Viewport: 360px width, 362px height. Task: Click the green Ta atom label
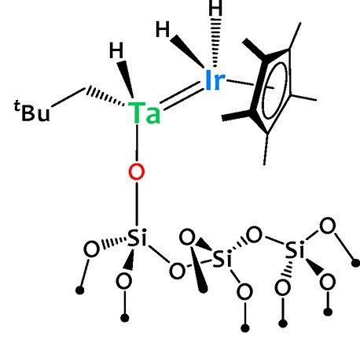tap(144, 113)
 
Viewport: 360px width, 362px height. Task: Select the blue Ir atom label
tap(215, 80)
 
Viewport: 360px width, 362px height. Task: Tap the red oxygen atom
tap(137, 172)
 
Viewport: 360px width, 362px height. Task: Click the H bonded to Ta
tap(116, 50)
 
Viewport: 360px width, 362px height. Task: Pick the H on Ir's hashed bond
tap(215, 8)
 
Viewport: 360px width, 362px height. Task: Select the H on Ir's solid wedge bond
tap(163, 29)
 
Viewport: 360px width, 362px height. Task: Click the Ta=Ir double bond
tap(182, 96)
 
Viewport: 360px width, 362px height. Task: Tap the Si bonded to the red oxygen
tap(137, 238)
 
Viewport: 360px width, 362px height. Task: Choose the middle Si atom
tap(222, 258)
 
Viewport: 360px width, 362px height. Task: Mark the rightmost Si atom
tap(295, 250)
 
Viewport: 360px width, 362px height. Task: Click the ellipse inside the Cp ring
tap(274, 90)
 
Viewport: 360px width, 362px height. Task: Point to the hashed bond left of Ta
tap(105, 96)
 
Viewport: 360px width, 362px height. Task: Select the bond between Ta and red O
tap(137, 143)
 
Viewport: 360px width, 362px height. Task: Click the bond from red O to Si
tap(137, 204)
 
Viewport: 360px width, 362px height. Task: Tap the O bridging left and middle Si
tap(177, 271)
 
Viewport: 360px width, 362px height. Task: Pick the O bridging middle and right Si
tap(254, 235)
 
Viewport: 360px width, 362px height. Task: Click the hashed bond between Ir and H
tap(215, 42)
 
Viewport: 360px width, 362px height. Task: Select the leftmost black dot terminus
tap(80, 290)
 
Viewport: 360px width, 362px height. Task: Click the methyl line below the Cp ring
tap(266, 150)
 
